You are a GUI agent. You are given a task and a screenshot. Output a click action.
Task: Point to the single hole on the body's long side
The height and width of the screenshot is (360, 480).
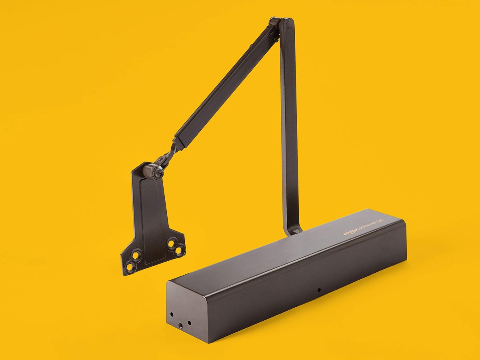[x=319, y=290]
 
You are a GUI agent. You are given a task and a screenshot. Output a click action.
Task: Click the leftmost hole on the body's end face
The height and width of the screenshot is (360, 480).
[x=172, y=315]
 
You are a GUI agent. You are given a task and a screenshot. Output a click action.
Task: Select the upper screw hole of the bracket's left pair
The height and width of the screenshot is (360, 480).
[x=136, y=255]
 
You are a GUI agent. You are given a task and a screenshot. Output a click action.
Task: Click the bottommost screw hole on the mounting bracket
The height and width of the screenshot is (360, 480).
[x=130, y=266]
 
